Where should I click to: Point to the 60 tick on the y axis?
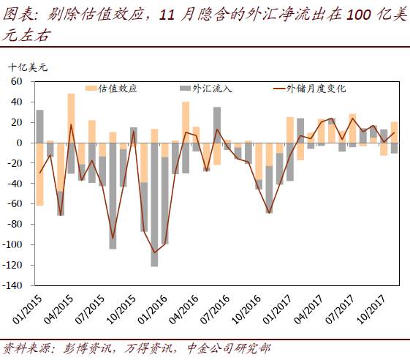click(x=17, y=82)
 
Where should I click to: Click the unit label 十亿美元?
click(x=28, y=67)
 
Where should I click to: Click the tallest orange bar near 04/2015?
click(x=71, y=117)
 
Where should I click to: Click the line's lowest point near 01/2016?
click(x=154, y=252)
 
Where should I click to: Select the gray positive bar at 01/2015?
click(x=39, y=126)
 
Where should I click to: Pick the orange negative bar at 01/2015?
click(x=39, y=174)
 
